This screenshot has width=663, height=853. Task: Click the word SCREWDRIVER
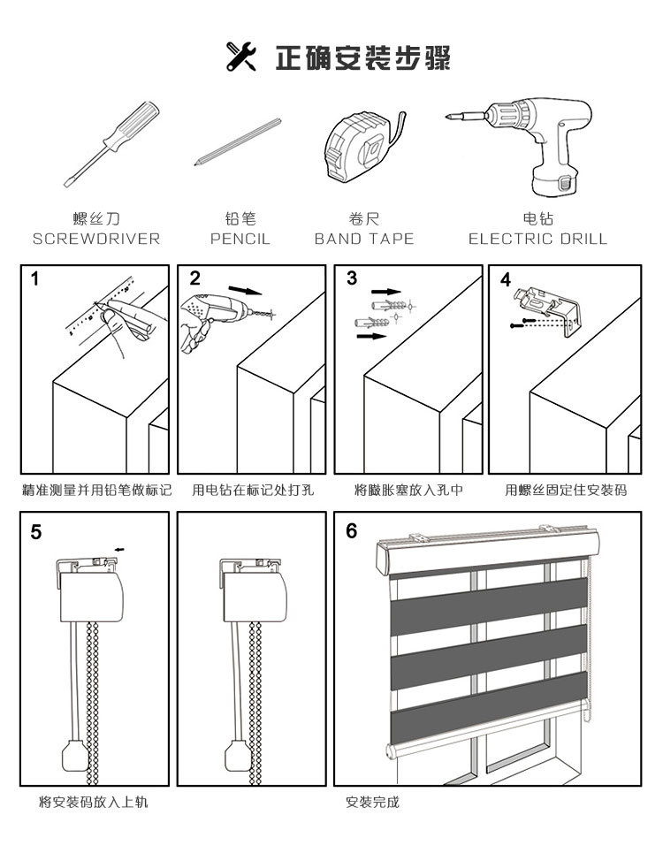click(x=96, y=239)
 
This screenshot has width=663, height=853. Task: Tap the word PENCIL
click(x=240, y=239)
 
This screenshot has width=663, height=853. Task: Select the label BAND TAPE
click(x=364, y=239)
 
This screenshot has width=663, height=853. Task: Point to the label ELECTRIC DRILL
click(x=537, y=239)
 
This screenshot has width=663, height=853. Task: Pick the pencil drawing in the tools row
click(x=237, y=142)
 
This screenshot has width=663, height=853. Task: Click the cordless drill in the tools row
click(x=522, y=147)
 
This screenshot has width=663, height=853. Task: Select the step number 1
click(x=34, y=279)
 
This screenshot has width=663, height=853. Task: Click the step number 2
click(x=194, y=278)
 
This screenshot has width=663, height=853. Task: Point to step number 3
click(x=352, y=278)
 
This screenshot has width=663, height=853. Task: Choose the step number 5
click(x=35, y=531)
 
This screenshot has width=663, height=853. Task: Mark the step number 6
click(x=352, y=531)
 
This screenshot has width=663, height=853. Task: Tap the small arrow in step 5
click(x=119, y=549)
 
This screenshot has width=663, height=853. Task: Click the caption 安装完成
click(x=372, y=803)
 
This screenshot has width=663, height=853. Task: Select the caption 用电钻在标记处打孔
click(x=253, y=489)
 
